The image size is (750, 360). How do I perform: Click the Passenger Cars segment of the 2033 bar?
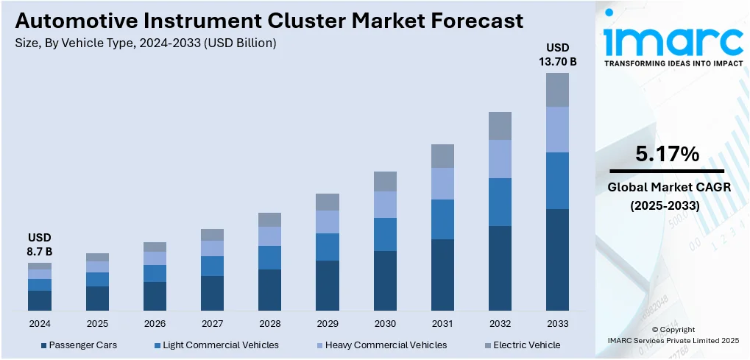[x=557, y=259]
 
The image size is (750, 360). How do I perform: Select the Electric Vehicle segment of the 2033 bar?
[x=557, y=89]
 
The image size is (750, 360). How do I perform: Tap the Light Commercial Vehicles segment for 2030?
[x=385, y=234]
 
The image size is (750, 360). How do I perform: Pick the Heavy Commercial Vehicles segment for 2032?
[x=500, y=158]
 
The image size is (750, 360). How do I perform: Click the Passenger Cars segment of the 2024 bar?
[x=40, y=300]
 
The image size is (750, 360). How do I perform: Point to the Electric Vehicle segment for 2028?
[x=270, y=219]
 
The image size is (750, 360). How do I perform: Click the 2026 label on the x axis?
[x=155, y=323]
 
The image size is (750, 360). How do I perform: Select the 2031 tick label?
[x=442, y=323]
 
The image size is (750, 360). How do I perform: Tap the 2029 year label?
[x=328, y=323]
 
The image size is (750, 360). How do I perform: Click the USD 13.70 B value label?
[x=557, y=55]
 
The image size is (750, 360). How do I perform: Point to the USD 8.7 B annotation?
[x=40, y=245]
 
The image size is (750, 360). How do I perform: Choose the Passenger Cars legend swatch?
[x=44, y=345]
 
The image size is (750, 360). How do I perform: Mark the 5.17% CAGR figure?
[x=668, y=155]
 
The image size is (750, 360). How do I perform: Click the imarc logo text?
[x=673, y=40]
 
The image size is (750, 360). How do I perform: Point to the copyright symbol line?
[x=673, y=330]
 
